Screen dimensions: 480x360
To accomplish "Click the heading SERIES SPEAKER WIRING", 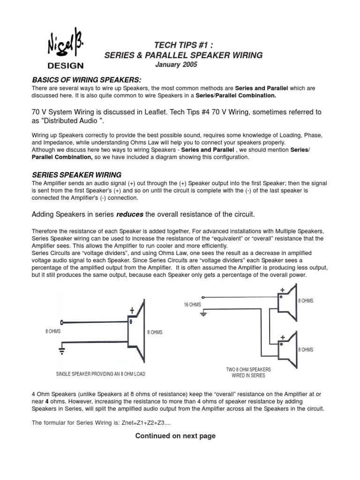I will [x=76, y=174].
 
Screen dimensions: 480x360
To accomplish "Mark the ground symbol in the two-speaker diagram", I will [x=203, y=313].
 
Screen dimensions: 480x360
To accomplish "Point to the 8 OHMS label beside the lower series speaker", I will [x=306, y=350].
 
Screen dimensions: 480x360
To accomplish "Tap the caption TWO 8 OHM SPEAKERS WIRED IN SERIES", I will [x=248, y=372].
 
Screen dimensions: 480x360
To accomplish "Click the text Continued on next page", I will [x=175, y=436].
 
